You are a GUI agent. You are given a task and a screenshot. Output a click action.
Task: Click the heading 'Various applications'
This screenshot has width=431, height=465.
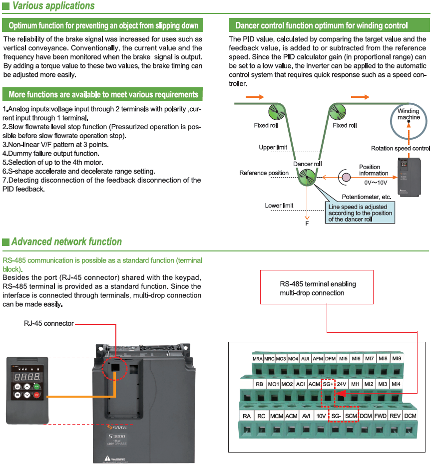click(53, 6)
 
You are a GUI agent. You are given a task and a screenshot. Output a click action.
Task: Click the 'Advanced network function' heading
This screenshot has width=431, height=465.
click(66, 242)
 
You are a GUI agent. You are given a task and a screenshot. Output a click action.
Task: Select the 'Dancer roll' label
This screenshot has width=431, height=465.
click(307, 164)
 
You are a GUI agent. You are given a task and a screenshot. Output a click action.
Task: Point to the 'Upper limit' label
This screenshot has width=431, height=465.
click(273, 147)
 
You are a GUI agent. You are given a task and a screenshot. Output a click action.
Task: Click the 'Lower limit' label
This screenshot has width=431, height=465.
click(279, 206)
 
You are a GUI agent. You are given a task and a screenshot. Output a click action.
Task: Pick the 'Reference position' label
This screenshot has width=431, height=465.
click(264, 173)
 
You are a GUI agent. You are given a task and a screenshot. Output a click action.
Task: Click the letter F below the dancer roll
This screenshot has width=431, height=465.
click(307, 224)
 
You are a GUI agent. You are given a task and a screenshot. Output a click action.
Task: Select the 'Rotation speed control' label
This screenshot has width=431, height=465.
click(400, 148)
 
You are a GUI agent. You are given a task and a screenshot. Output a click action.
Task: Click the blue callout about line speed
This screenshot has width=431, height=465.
click(360, 213)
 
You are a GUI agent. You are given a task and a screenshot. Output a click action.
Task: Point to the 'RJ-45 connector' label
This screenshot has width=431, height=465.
click(48, 323)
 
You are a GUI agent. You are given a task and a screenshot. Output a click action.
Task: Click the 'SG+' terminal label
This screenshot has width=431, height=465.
click(328, 385)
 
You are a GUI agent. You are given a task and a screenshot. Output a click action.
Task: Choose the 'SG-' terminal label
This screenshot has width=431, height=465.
click(336, 416)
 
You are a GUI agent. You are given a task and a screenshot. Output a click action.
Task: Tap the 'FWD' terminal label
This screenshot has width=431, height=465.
click(381, 416)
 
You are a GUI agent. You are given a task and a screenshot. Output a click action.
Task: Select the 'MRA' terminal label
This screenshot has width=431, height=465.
click(258, 359)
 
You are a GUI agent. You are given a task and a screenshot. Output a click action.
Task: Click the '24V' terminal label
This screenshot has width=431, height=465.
click(342, 385)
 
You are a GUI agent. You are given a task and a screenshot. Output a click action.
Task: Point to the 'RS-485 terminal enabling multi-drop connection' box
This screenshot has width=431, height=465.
click(317, 287)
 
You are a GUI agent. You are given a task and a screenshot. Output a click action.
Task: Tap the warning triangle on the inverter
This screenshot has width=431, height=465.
click(107, 458)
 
